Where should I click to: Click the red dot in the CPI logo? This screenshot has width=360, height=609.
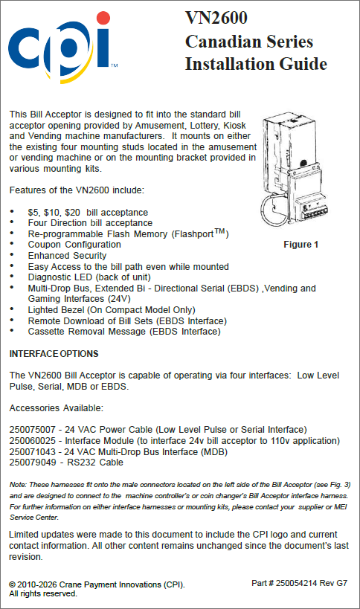pyautogui.click(x=103, y=19)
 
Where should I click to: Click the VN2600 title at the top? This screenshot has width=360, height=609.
pyautogui.click(x=216, y=18)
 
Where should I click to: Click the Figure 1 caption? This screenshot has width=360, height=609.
pyautogui.click(x=301, y=245)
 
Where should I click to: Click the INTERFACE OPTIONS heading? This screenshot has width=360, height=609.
pyautogui.click(x=54, y=354)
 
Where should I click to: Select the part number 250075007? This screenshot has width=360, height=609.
pyautogui.click(x=33, y=430)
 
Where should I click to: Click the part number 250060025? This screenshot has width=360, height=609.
pyautogui.click(x=33, y=441)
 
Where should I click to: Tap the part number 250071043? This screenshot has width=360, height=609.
pyautogui.click(x=33, y=451)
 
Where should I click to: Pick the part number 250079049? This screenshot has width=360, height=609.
pyautogui.click(x=33, y=463)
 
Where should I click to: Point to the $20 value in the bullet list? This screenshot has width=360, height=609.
pyautogui.click(x=73, y=213)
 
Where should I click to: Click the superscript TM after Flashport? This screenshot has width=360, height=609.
pyautogui.click(x=219, y=231)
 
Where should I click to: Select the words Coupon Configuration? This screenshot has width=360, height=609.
pyautogui.click(x=74, y=245)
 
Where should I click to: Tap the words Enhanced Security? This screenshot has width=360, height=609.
pyautogui.click(x=67, y=256)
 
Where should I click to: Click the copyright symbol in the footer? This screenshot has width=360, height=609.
pyautogui.click(x=13, y=585)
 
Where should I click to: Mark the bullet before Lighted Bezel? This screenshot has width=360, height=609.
pyautogui.click(x=12, y=309)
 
